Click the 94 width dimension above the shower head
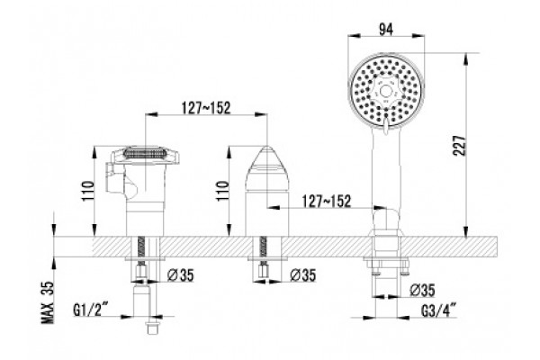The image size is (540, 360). click(x=386, y=30)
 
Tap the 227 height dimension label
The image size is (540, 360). click(x=460, y=146)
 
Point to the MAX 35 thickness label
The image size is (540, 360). click(x=48, y=302)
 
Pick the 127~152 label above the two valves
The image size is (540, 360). click(x=206, y=108)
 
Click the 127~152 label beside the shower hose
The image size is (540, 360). click(x=327, y=201)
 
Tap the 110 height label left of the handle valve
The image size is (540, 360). click(x=87, y=191)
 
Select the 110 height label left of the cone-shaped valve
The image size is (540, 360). click(x=222, y=191)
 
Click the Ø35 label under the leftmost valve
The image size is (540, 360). click(x=181, y=274)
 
